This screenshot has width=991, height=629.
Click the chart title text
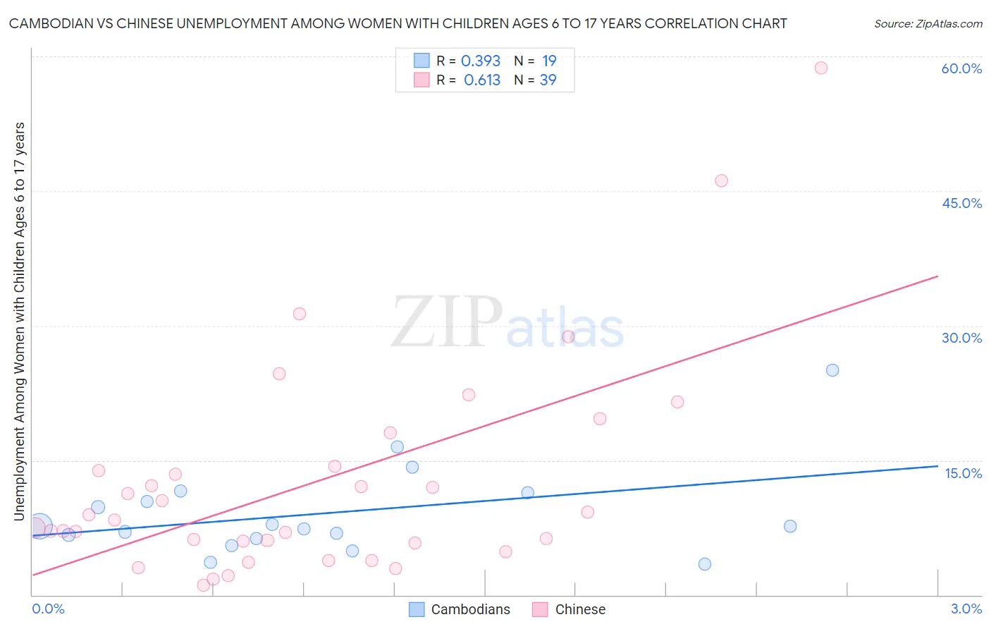398,23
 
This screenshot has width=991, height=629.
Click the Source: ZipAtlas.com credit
928,23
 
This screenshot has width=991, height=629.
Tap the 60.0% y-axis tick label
961,68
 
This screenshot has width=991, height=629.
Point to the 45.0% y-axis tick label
961,203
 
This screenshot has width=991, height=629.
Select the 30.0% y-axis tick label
961,338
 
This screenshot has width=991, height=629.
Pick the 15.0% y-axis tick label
963,473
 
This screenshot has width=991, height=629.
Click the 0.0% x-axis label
48,609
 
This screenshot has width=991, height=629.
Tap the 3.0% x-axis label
966,609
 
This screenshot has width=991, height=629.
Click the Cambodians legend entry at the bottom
460,609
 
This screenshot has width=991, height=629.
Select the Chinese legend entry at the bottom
570,609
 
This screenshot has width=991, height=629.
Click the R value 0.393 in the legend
481,61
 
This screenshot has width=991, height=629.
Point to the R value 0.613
482,80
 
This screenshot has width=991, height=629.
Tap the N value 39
548,80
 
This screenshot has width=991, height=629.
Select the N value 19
549,61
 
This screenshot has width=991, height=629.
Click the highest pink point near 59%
820,68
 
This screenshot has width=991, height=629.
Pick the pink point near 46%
721,181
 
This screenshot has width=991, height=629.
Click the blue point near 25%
832,370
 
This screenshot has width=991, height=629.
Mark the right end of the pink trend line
937,276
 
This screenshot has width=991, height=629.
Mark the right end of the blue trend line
937,466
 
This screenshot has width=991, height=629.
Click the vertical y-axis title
19,321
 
